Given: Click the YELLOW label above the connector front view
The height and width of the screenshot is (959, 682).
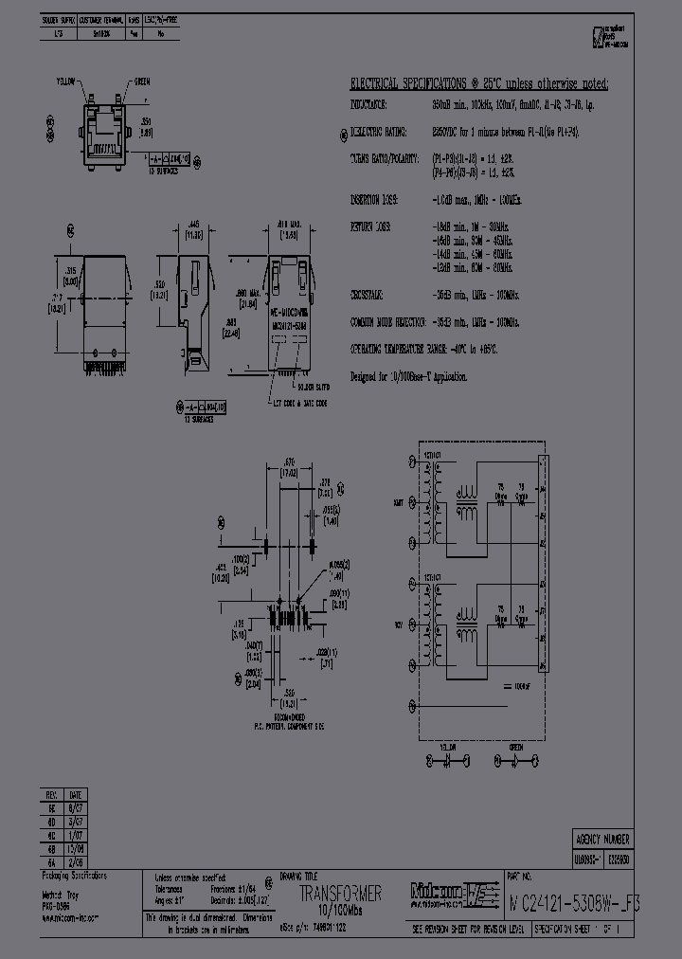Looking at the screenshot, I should [x=66, y=81].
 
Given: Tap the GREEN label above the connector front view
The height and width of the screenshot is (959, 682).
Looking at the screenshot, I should [x=142, y=81].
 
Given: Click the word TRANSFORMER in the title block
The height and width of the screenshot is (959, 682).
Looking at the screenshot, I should [x=340, y=894].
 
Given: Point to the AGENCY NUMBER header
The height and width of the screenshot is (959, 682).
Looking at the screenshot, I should [x=602, y=840].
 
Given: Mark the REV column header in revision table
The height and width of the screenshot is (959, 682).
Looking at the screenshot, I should [x=51, y=794].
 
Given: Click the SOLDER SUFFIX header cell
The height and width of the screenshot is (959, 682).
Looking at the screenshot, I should [x=60, y=19].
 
